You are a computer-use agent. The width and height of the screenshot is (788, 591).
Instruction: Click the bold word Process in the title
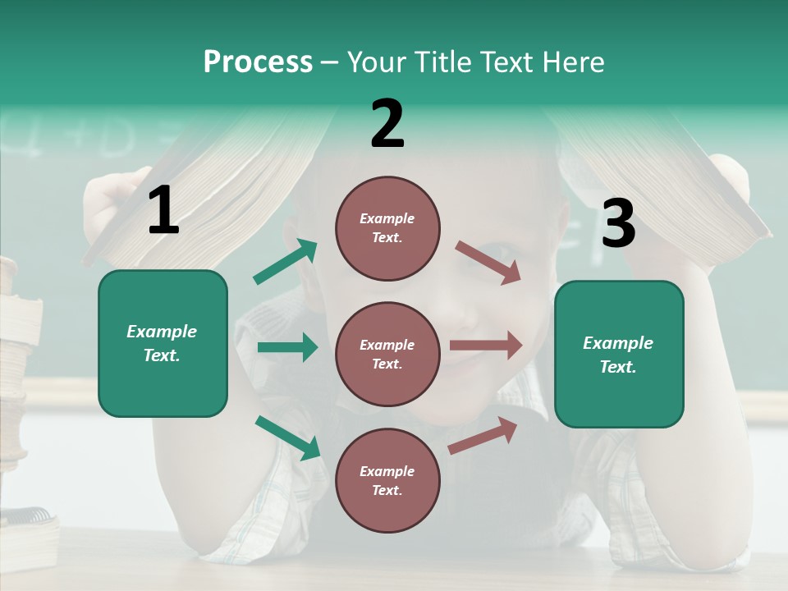coord(258,62)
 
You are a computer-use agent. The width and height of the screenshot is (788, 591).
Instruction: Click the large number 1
coord(163,211)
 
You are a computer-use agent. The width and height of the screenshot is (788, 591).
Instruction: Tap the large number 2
coord(387,124)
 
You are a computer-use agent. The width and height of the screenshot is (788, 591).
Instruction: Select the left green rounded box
coord(163,343)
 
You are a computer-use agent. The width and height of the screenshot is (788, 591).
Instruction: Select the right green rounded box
coord(619,354)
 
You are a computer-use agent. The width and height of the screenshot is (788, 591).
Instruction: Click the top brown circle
coord(387,227)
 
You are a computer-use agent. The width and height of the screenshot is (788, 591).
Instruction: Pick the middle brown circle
coord(387,354)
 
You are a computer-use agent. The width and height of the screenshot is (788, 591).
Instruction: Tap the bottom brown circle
coord(387,480)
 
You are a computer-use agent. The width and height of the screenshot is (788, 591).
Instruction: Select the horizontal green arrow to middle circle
coord(287,347)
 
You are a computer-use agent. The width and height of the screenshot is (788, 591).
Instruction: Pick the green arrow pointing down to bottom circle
coord(288,438)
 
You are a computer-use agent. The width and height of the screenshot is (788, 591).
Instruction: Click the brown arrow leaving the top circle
coord(488,263)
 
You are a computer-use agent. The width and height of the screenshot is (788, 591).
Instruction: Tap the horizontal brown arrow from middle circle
coord(486,346)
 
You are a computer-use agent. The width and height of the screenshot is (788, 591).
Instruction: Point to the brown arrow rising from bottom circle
coord(483,436)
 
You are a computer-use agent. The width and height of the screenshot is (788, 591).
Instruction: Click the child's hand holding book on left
coord(107,205)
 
